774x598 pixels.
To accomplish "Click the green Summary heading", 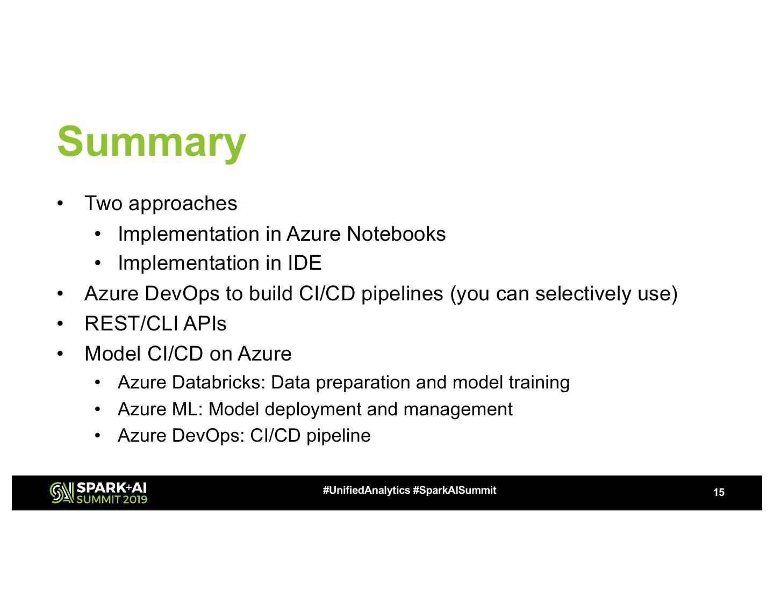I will click(151, 141).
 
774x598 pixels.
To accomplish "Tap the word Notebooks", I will click(396, 234).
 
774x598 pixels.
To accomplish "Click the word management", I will click(457, 409).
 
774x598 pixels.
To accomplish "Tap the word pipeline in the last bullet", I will click(338, 436).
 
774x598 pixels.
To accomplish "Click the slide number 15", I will click(719, 492).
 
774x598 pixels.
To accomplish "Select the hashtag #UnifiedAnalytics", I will click(366, 491).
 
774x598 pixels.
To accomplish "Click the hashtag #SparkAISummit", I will click(455, 491).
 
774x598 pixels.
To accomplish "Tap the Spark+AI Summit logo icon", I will click(61, 493).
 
